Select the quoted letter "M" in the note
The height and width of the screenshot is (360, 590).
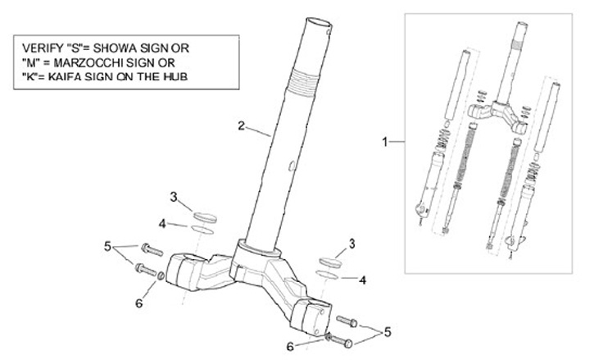[29, 62]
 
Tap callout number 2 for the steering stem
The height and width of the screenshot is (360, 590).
[241, 125]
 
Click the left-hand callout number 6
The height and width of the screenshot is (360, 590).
[138, 303]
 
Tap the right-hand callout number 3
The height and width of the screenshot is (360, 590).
[352, 244]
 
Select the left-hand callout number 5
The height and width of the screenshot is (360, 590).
[107, 244]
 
